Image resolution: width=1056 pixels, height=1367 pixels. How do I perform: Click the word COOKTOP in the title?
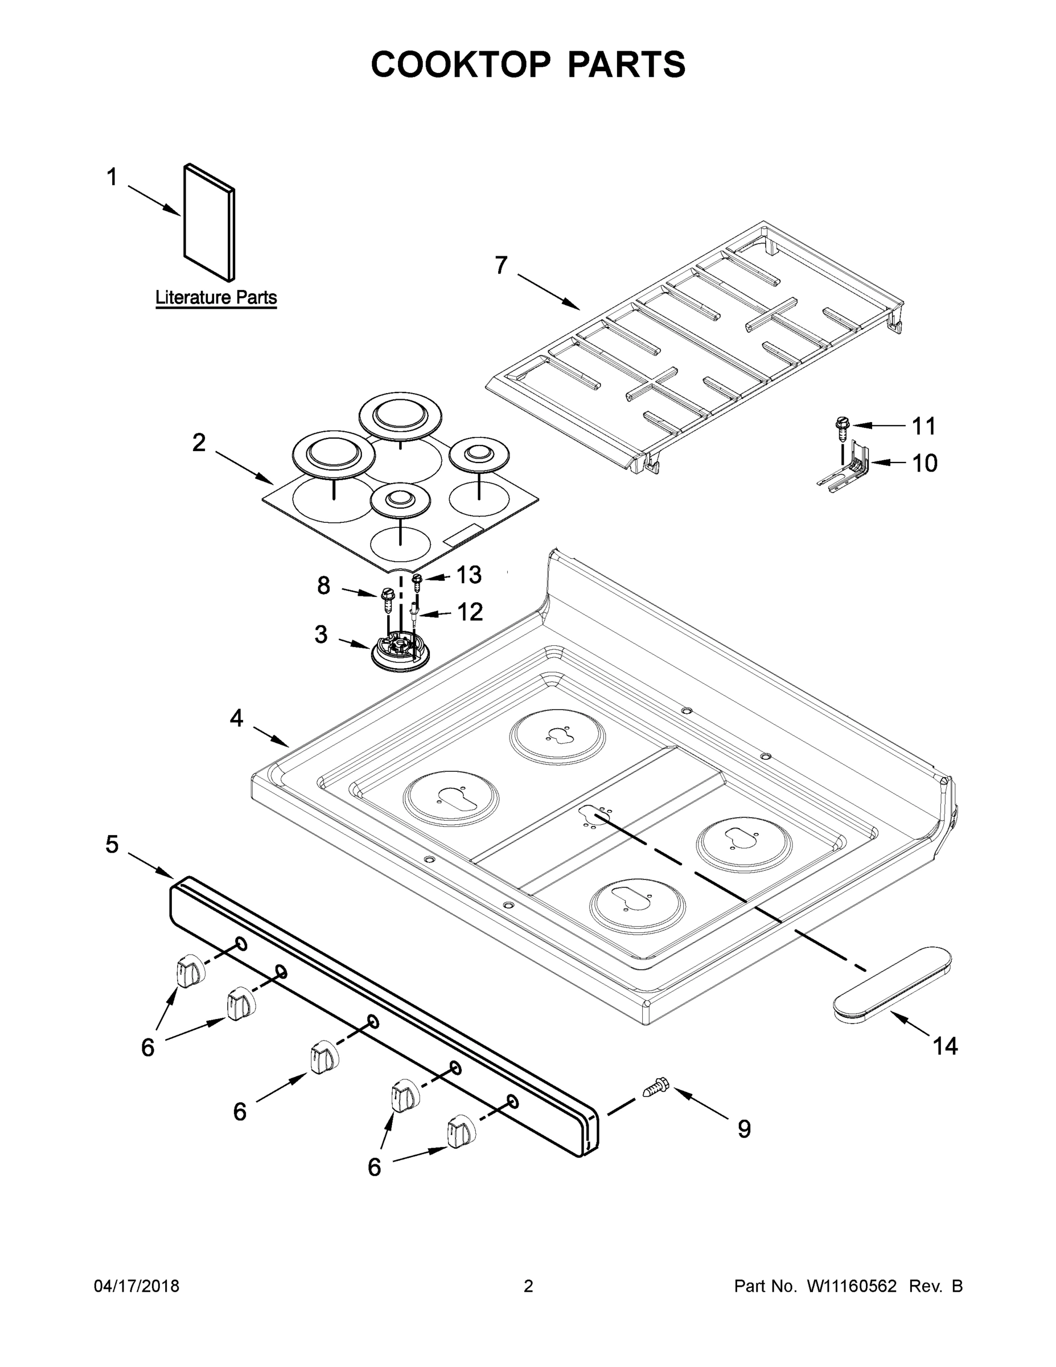pos(461,64)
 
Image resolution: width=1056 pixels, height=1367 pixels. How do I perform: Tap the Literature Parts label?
pos(216,297)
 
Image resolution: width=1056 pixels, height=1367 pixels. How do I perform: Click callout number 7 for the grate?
pos(501,265)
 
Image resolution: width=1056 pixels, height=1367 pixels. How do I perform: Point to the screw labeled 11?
pos(843,427)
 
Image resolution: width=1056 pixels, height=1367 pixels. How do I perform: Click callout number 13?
pos(469,575)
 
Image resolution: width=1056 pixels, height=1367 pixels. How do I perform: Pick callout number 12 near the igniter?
pos(470,612)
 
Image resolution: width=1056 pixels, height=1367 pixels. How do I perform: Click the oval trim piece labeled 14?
pos(893,985)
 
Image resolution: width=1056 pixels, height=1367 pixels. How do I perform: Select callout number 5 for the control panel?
pos(112,844)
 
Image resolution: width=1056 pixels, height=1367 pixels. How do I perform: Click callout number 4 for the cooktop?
pos(236,718)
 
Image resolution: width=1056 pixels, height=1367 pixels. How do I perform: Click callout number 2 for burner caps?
pos(198,443)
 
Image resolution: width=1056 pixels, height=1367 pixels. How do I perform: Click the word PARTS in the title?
pos(626,64)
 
